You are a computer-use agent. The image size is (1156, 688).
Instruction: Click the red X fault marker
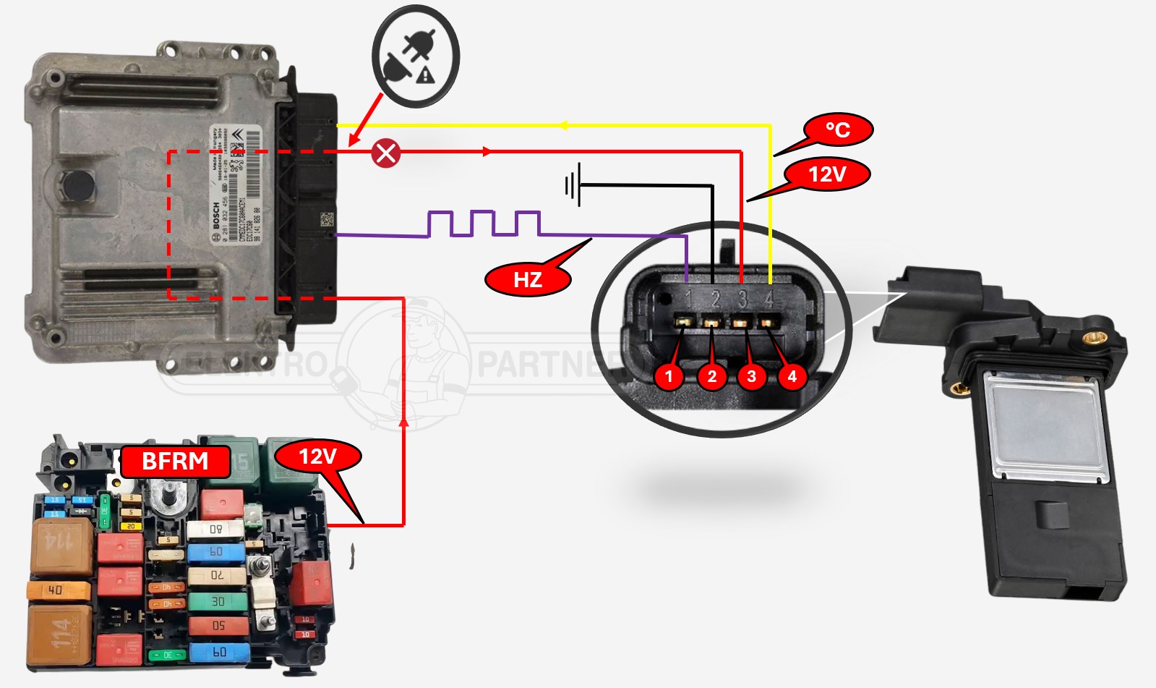point(386,153)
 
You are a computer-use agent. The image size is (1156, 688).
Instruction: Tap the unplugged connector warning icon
point(416,56)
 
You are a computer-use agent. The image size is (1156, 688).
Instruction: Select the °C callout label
point(837,130)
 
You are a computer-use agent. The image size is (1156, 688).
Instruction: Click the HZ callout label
point(528,279)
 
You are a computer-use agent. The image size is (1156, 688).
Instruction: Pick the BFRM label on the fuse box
point(175,462)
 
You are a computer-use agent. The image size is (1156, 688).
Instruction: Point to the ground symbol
point(573,185)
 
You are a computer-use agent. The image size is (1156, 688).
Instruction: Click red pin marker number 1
point(669,376)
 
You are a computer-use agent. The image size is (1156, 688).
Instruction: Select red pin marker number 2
point(711,376)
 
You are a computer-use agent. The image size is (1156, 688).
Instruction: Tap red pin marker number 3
point(751,376)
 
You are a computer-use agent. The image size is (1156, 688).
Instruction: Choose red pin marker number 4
point(792,376)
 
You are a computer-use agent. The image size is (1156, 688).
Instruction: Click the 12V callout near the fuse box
point(318,456)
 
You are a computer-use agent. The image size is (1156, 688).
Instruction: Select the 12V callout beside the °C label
point(827,174)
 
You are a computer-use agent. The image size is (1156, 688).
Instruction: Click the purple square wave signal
point(484,224)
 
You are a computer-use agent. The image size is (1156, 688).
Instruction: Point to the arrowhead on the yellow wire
point(563,126)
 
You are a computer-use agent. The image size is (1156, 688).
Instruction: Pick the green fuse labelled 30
point(217,601)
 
